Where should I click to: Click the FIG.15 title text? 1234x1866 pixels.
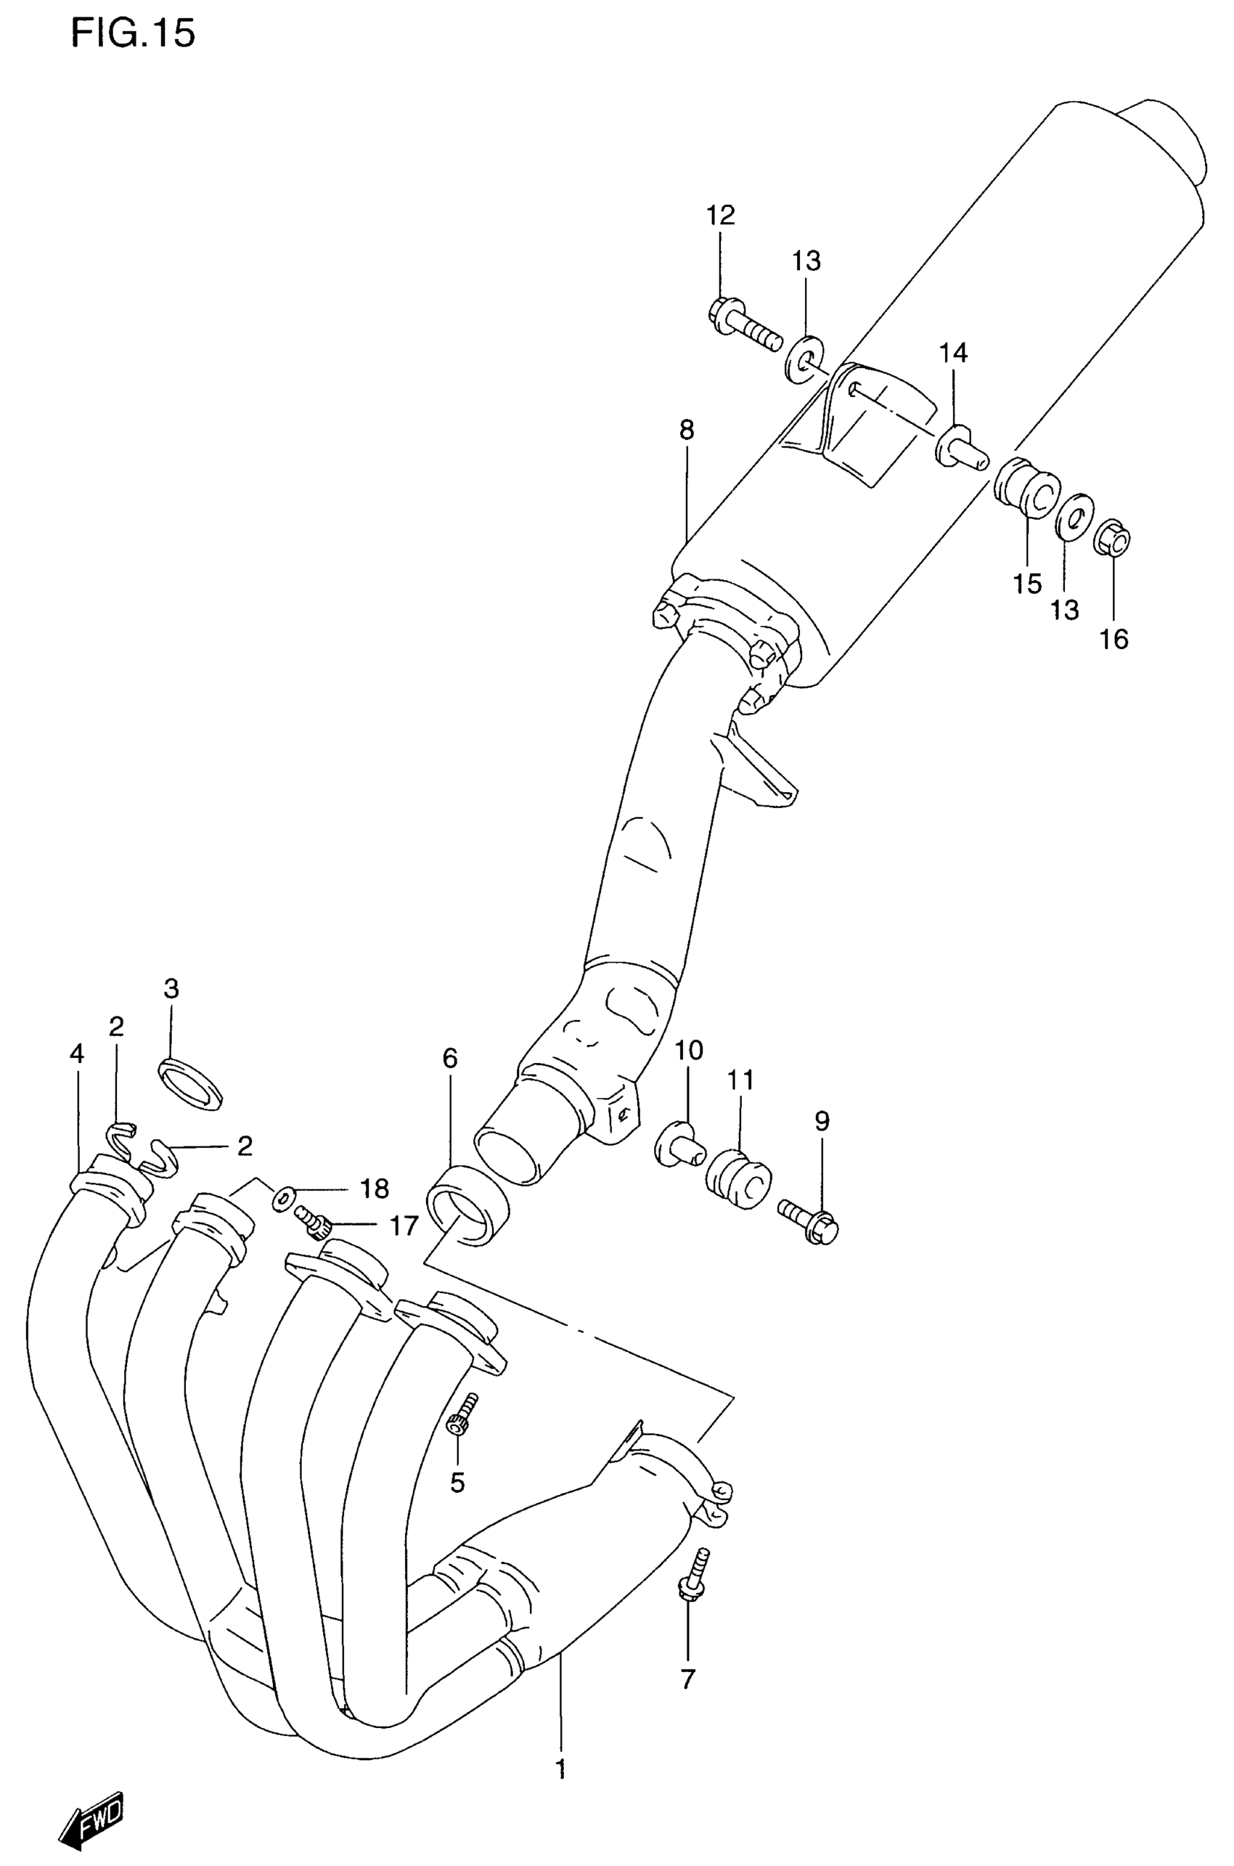tap(133, 34)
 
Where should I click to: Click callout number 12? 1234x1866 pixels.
tap(719, 215)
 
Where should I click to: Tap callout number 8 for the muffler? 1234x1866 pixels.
tap(686, 431)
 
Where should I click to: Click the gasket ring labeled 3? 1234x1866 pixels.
tap(191, 1085)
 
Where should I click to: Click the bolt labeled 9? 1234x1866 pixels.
tap(811, 1227)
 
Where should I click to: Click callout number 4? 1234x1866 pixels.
tap(76, 1053)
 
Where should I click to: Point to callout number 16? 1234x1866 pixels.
tap(1114, 639)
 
